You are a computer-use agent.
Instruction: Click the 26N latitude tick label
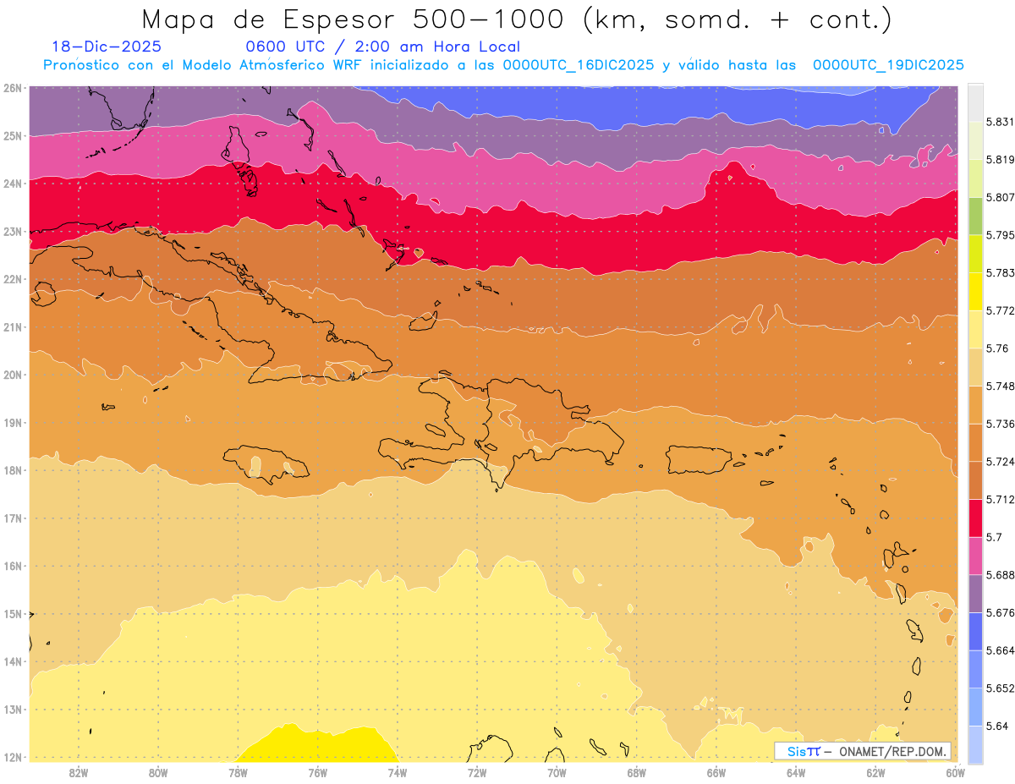tap(13, 87)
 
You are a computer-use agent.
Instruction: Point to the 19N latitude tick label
tap(13, 422)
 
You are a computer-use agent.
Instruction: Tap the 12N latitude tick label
tap(13, 757)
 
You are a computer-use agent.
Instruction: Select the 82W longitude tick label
tap(79, 772)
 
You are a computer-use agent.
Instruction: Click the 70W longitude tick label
tap(557, 772)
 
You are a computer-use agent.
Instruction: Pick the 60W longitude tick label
tap(956, 772)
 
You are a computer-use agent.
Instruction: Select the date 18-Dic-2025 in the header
tap(106, 47)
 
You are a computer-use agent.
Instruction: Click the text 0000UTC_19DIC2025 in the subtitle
tap(888, 65)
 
